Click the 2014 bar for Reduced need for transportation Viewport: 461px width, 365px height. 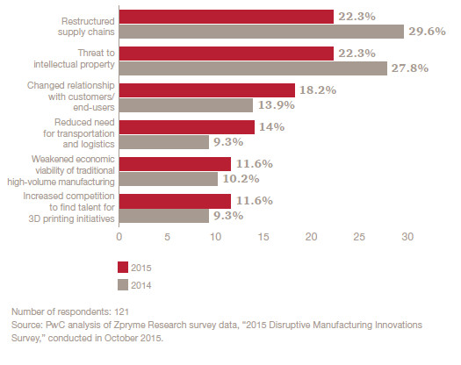163,141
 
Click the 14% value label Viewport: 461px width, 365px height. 271,127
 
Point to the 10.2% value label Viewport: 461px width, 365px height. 241,179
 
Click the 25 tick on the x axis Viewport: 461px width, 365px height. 358,236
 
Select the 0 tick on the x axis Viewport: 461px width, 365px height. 119,236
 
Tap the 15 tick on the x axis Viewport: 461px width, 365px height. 263,236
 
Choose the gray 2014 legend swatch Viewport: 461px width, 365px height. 124,283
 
